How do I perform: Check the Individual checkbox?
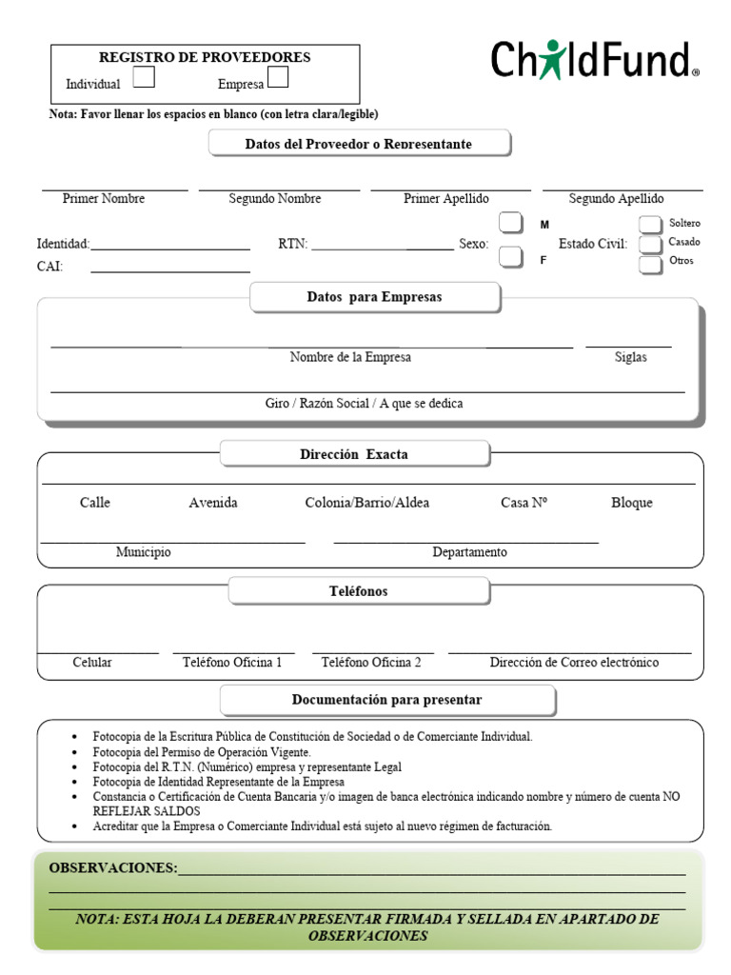coord(144,77)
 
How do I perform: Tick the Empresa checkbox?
coord(278,77)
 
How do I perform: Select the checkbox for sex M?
coord(511,224)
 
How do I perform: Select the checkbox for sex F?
coord(511,257)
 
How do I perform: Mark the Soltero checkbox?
coord(650,225)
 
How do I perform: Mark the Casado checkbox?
coord(650,245)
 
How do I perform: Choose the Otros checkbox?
coord(650,265)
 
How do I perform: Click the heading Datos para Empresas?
coord(374,297)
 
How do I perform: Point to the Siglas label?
coord(630,357)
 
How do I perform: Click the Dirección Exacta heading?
coord(354,454)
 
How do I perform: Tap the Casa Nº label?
coord(524,503)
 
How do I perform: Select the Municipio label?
coord(144,552)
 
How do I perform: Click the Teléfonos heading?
coord(358,591)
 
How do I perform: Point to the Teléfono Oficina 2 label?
coord(371,663)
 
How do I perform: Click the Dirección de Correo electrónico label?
coord(574,663)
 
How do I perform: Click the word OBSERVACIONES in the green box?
coord(112,868)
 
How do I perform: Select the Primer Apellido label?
coord(446,199)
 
